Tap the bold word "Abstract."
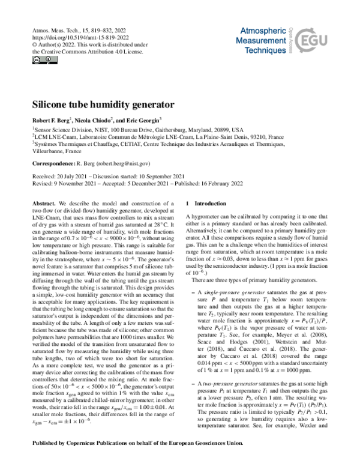coord(45,204)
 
